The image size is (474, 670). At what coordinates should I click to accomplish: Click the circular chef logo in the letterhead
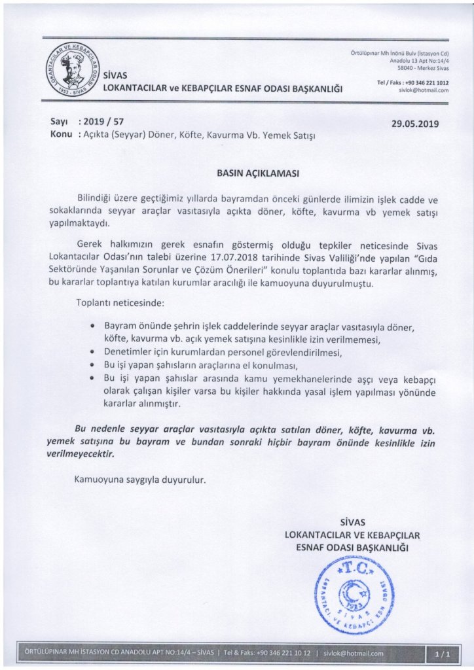click(x=70, y=69)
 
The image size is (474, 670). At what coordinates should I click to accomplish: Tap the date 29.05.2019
click(x=416, y=123)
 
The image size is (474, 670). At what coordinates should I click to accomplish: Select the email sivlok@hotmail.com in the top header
click(x=424, y=91)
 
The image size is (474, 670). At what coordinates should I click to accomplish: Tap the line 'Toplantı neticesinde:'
click(x=118, y=304)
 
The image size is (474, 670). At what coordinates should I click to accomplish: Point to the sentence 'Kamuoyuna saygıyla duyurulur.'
click(x=140, y=479)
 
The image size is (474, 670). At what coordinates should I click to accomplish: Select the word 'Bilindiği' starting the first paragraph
click(x=97, y=199)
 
